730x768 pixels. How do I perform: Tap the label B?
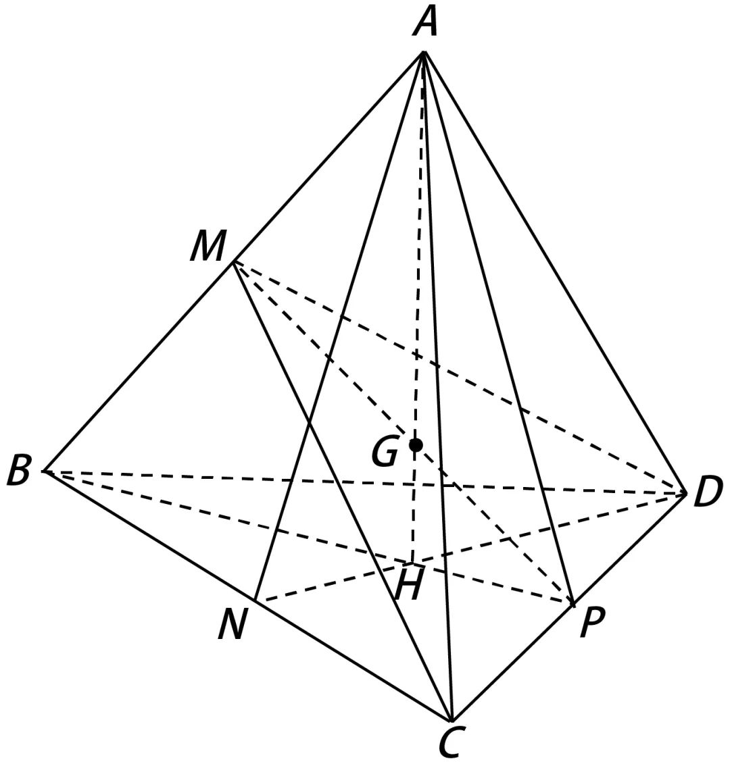point(18,471)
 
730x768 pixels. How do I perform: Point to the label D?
point(708,492)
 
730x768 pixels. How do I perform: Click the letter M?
point(207,247)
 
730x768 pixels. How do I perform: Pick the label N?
point(231,625)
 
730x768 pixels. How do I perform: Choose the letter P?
point(592,623)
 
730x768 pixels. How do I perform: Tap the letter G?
point(385,452)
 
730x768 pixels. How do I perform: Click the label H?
point(408,585)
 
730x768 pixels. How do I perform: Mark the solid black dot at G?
point(416,444)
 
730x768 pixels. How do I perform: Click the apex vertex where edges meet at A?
point(424,52)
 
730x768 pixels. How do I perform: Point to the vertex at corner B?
point(43,471)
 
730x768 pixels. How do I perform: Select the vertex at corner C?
point(451,721)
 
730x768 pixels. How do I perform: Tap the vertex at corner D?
point(686,494)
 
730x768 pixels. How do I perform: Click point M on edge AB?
point(233,263)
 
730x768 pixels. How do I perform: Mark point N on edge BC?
point(254,600)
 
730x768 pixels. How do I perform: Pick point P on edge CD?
point(573,603)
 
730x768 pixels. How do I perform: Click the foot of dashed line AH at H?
point(412,562)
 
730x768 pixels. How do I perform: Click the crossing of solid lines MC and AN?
point(309,424)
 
